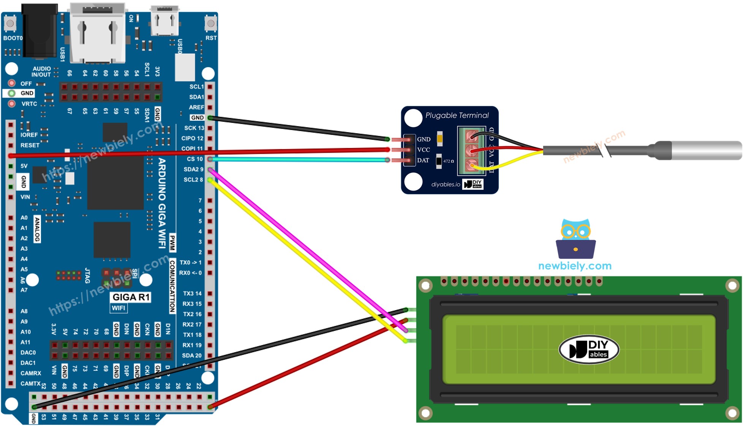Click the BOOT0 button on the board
point(10,24)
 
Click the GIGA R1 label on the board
point(131,297)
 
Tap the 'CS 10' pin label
point(195,159)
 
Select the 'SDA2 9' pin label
point(193,169)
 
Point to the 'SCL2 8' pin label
point(193,180)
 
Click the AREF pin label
point(196,107)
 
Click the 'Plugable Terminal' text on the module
point(457,115)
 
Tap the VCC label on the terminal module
point(424,150)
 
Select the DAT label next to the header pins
point(423,161)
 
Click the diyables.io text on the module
point(446,184)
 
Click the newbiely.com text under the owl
point(575,266)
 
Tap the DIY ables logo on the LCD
point(589,350)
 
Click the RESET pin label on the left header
point(30,145)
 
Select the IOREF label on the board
point(29,135)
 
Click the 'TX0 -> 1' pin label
point(191,263)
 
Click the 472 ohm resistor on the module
point(439,161)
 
